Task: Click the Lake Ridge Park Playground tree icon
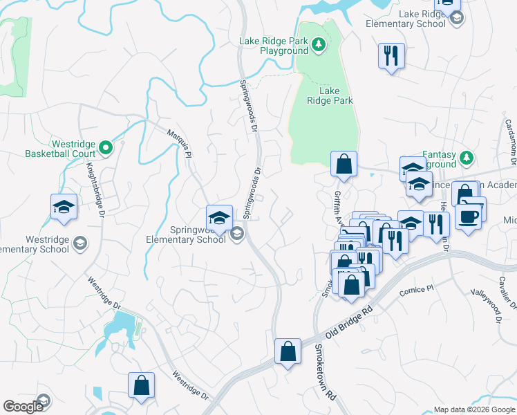[x=318, y=46]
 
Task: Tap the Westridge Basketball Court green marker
[x=105, y=147]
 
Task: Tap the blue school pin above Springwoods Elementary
[x=219, y=217]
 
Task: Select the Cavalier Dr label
[x=508, y=288]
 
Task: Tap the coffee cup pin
[x=468, y=216]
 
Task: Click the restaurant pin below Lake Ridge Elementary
[x=391, y=55]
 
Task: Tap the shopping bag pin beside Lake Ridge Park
[x=344, y=165]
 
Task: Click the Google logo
[x=23, y=407]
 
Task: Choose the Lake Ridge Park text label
[x=336, y=95]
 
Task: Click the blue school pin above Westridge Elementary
[x=64, y=207]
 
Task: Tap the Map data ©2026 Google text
[x=473, y=409]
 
